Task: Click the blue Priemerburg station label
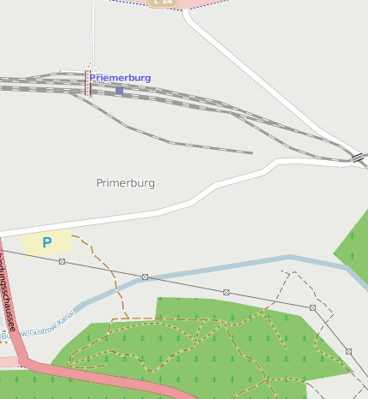click(x=120, y=78)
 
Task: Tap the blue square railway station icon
click(x=119, y=90)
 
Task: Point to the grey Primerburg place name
click(x=126, y=183)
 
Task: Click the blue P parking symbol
click(x=47, y=242)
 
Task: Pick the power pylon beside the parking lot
click(x=62, y=261)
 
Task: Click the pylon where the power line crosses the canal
click(x=145, y=277)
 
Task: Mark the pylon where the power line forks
click(x=313, y=307)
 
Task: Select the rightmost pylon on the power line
click(x=348, y=351)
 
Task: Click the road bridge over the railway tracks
click(x=357, y=158)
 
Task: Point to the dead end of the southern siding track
click(x=252, y=153)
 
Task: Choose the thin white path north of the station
click(x=92, y=34)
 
